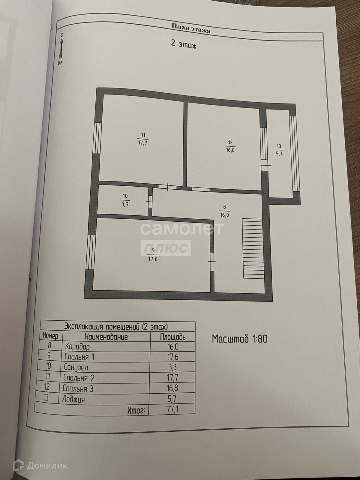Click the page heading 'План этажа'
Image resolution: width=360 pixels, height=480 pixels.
coord(191,28)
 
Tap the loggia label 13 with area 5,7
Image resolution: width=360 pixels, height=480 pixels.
coord(279,150)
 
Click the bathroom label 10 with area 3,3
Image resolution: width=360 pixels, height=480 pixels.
coord(125,200)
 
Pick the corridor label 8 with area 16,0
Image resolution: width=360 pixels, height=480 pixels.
coord(224,211)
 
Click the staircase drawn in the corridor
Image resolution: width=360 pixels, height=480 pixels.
coord(253,248)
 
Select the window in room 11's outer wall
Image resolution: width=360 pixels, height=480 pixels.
coord(97,138)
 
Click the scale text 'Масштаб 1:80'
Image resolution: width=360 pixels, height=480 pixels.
coord(240,339)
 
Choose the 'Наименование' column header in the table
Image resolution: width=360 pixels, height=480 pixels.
coord(106,337)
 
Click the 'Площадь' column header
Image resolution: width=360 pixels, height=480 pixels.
coord(173,337)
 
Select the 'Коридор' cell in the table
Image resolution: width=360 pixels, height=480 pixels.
coord(77,347)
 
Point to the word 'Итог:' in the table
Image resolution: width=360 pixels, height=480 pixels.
coord(136,410)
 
